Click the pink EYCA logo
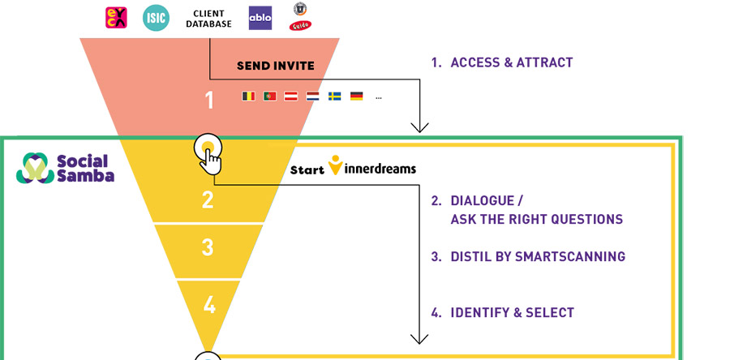(116, 17)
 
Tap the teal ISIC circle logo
(156, 17)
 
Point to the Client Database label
(209, 18)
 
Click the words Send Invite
(275, 66)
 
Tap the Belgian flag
(248, 96)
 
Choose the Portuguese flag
(270, 96)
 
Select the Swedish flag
(334, 96)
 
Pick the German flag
(356, 96)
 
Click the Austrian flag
(291, 96)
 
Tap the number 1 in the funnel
(209, 101)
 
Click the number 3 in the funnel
(208, 246)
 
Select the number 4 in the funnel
(209, 305)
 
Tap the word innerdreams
(381, 169)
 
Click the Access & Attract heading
(511, 62)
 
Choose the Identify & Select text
(512, 312)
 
